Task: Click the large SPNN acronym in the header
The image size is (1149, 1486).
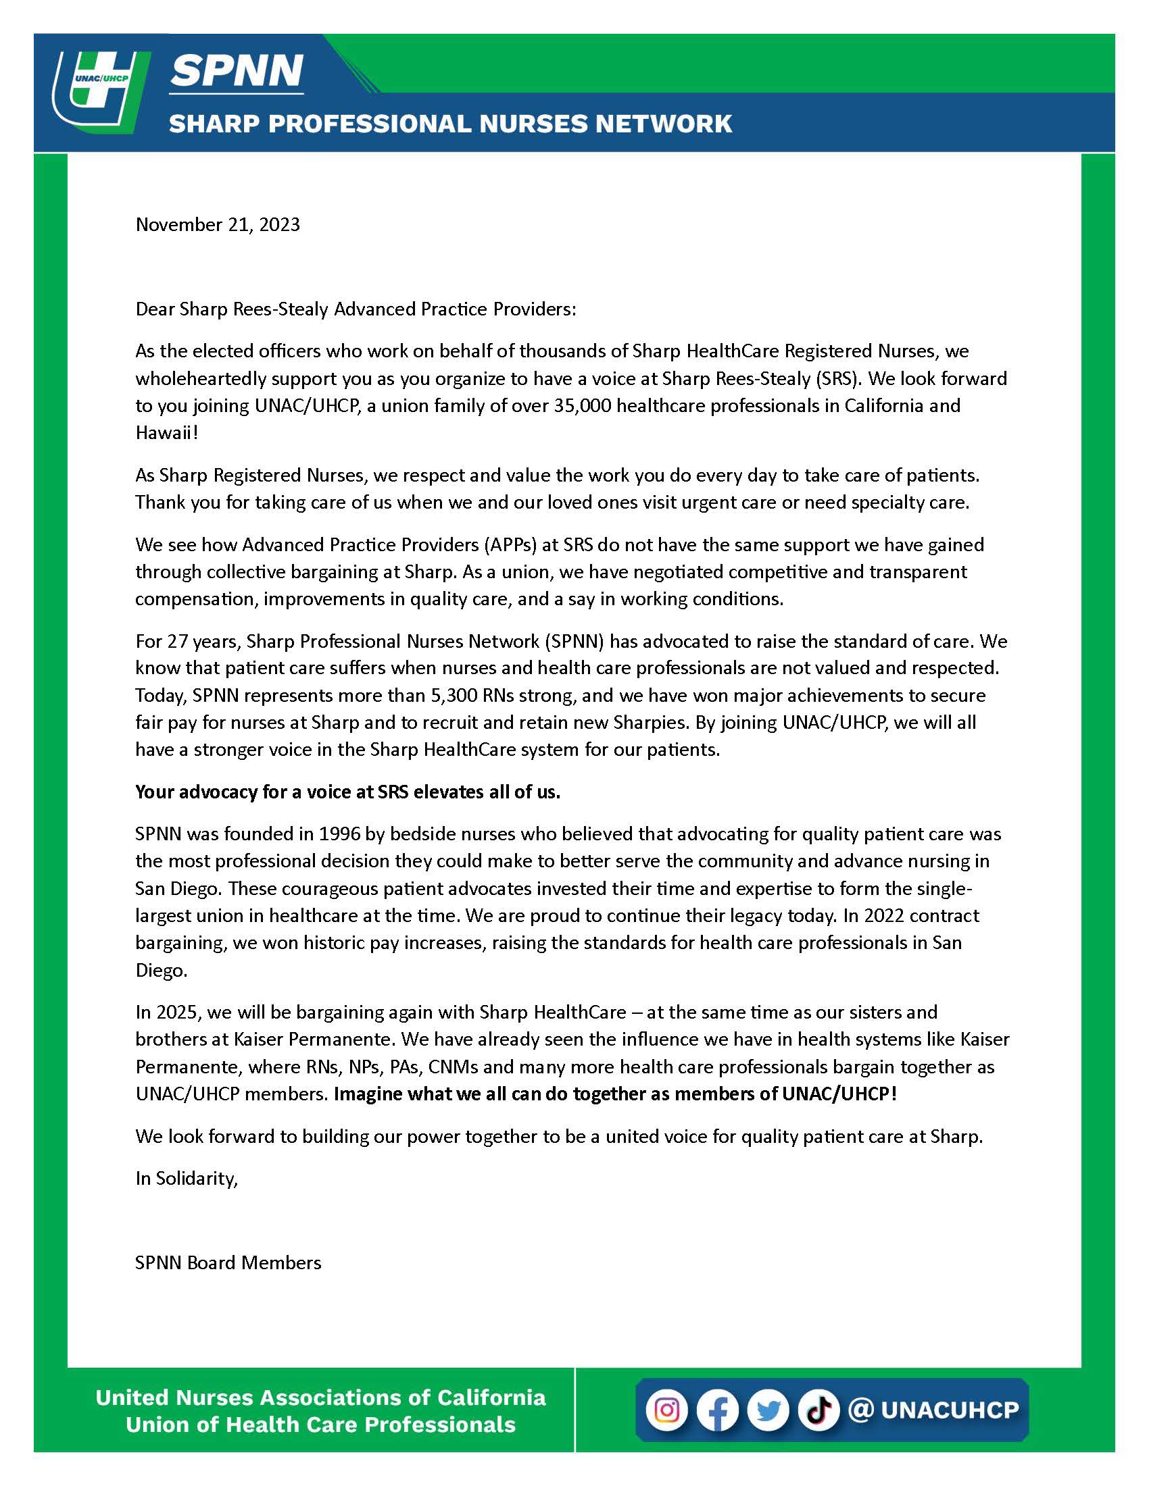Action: tap(236, 70)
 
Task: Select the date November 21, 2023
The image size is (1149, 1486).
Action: tap(218, 224)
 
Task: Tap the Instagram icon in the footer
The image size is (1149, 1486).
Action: tap(666, 1409)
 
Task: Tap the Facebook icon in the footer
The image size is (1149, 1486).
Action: tap(717, 1409)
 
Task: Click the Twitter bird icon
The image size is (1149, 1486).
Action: tap(768, 1409)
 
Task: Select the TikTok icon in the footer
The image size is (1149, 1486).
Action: tap(819, 1409)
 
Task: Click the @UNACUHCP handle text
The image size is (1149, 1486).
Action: tap(934, 1409)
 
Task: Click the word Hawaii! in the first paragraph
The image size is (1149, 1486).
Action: tap(167, 433)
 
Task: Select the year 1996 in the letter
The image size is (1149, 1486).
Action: tap(340, 834)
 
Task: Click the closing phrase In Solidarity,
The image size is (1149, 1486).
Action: tap(187, 1179)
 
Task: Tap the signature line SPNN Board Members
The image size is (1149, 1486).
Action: tap(228, 1263)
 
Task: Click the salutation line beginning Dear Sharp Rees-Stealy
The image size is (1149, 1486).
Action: tap(356, 309)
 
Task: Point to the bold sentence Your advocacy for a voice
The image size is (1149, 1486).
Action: tap(347, 792)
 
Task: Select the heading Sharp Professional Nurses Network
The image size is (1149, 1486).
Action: tap(450, 124)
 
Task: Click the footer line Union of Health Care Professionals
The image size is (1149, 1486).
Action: tap(320, 1425)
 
